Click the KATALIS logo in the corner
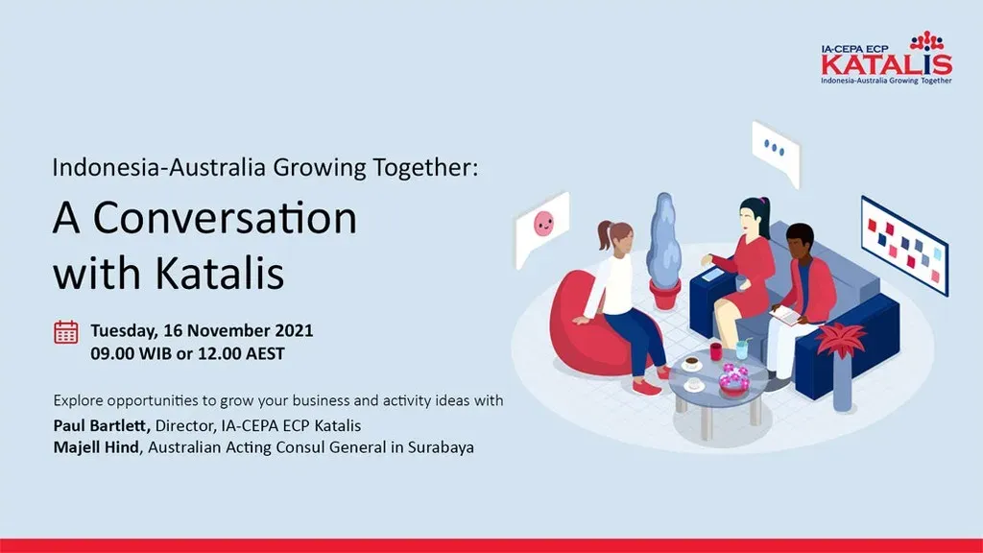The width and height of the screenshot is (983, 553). pos(886,59)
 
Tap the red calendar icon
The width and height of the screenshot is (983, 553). pos(66,332)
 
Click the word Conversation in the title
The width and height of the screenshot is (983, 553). pos(225,218)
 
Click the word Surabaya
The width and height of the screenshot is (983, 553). pos(441,447)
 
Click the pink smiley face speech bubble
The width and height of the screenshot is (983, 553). pos(541,228)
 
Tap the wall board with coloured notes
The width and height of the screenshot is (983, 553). pos(904,245)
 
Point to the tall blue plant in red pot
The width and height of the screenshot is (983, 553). pos(664,251)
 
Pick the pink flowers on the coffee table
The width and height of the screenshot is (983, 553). pos(733,377)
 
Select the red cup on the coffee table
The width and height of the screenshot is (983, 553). pos(716,351)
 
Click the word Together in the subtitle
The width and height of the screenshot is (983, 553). pos(424,168)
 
